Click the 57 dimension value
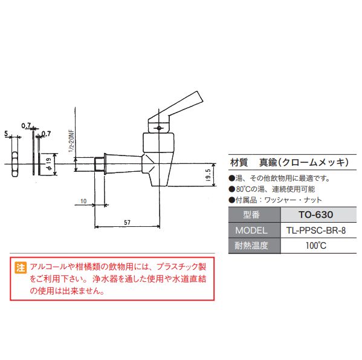127,222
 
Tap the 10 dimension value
83,201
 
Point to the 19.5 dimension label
208,175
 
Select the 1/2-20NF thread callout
72,141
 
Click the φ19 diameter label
49,165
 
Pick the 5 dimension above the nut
6,133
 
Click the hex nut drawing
15,165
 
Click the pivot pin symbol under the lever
158,128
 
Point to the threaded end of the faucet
99,165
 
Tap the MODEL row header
251,231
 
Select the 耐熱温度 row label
251,246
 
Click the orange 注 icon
21,267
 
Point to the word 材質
239,162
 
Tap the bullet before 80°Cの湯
231,189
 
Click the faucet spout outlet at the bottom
159,185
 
